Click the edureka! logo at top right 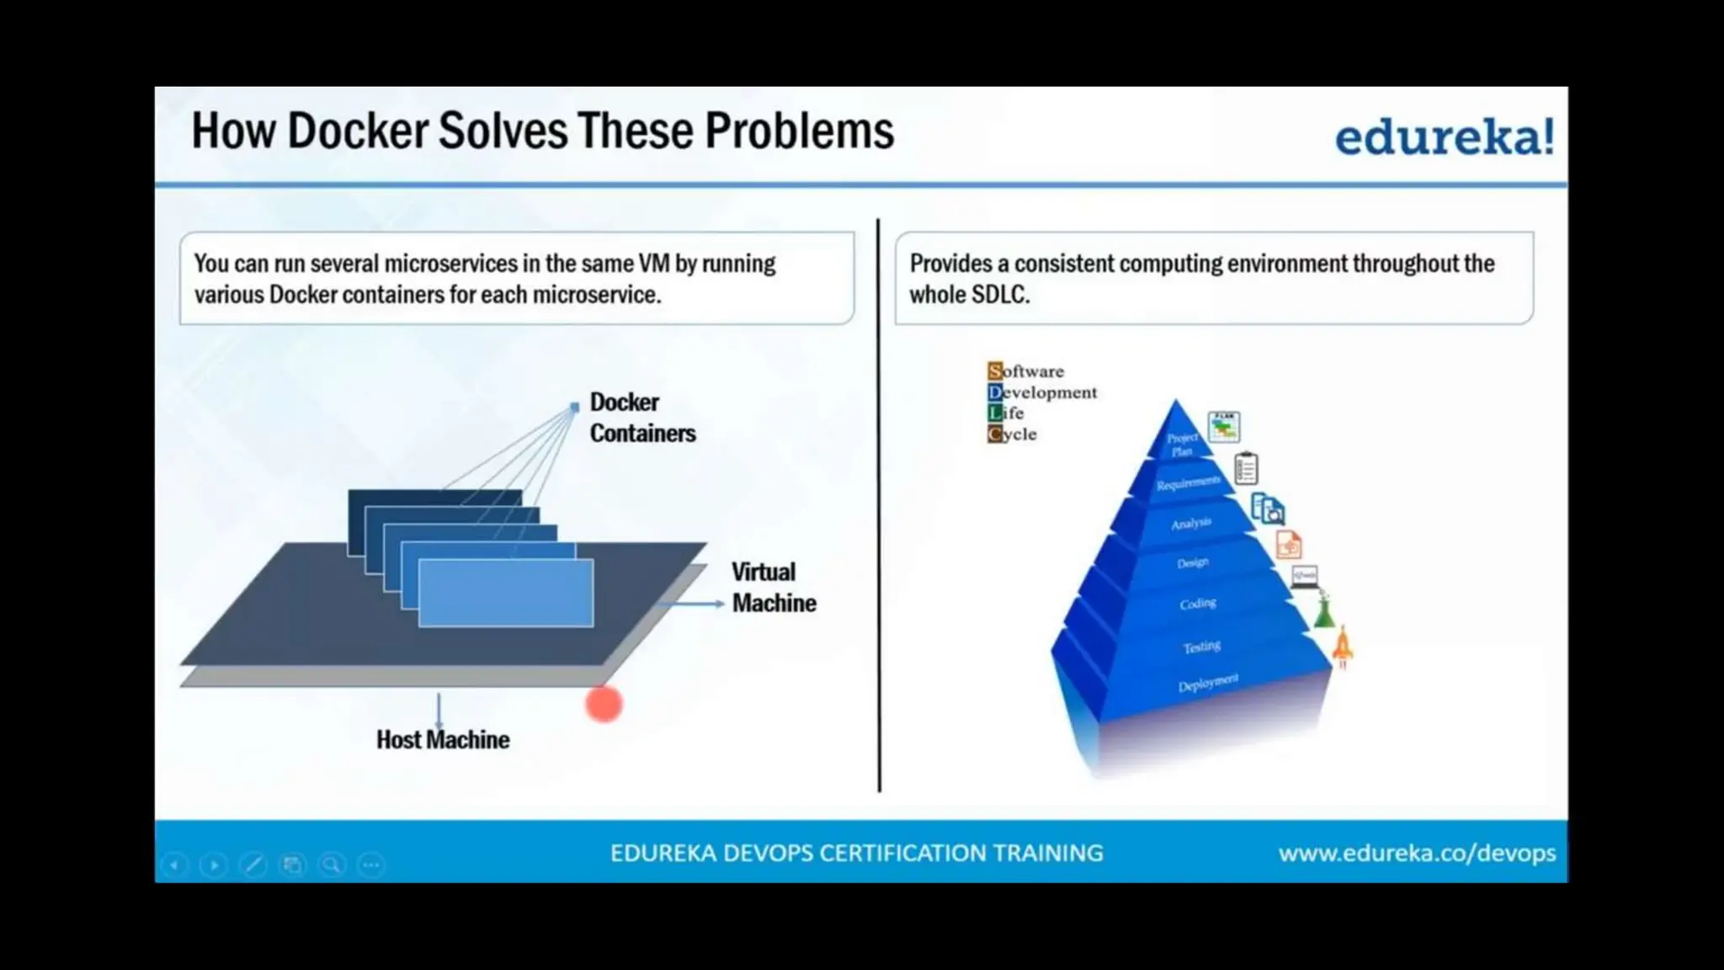(1444, 137)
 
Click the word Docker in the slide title (358, 131)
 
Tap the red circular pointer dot (604, 704)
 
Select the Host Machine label (443, 740)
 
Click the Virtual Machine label (773, 588)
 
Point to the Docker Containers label (641, 418)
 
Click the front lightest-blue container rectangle (505, 593)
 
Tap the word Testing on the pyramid (1201, 647)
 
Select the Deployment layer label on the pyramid (1207, 683)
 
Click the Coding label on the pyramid (1197, 604)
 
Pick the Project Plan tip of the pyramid (1180, 443)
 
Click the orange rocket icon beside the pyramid (1343, 647)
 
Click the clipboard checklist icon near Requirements (1246, 468)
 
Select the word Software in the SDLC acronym (1025, 371)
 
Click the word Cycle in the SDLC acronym (1012, 434)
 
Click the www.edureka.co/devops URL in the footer (1416, 853)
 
